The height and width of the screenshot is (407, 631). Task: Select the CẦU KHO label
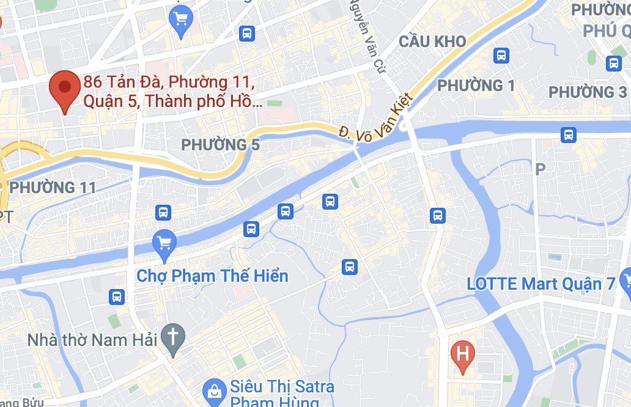click(x=432, y=42)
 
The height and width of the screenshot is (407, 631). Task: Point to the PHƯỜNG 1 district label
click(x=476, y=86)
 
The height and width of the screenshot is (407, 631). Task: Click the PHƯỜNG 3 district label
click(x=588, y=92)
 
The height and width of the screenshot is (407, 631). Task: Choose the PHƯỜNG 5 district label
click(x=221, y=145)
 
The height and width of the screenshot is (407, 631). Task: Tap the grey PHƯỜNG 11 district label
click(x=54, y=187)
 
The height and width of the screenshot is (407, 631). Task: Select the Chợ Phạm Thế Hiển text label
click(x=212, y=276)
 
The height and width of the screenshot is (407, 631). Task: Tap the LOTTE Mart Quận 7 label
click(x=541, y=284)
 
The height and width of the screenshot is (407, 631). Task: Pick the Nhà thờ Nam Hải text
click(x=93, y=339)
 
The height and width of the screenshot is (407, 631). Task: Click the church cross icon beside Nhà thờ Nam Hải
click(x=173, y=337)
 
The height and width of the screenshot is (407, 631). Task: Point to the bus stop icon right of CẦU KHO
click(x=501, y=56)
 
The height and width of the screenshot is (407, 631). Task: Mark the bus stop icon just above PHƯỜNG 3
click(x=613, y=63)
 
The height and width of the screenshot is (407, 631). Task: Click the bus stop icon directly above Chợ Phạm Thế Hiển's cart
click(x=163, y=213)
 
